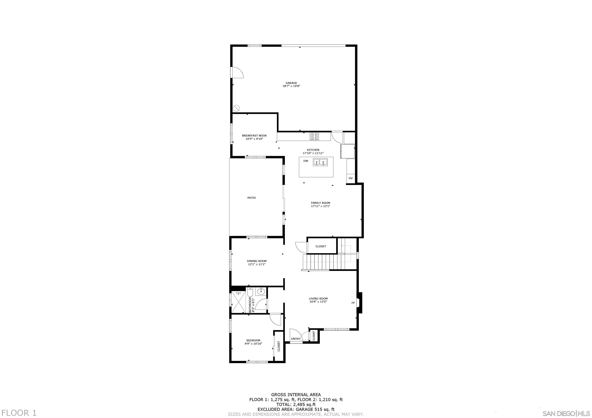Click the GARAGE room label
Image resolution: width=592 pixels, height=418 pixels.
click(x=291, y=83)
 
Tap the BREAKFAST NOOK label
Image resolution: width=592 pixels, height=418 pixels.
click(x=254, y=136)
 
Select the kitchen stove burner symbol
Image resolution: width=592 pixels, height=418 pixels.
click(x=314, y=136)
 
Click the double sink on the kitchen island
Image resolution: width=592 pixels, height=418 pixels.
click(x=320, y=162)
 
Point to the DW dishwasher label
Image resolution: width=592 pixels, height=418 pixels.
click(x=306, y=161)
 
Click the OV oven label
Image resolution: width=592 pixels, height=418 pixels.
click(x=350, y=178)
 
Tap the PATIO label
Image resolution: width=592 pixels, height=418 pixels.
click(x=251, y=198)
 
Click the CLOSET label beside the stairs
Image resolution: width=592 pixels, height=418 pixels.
click(x=321, y=246)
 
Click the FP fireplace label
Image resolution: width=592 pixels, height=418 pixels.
click(x=353, y=303)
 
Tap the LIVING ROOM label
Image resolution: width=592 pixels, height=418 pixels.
click(x=318, y=299)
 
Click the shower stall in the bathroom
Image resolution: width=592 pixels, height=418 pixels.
click(x=238, y=302)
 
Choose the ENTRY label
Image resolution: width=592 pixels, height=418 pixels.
click(x=295, y=339)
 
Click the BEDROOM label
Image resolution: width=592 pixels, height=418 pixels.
click(x=253, y=340)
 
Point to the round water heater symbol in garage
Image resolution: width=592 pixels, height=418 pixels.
click(x=236, y=108)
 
